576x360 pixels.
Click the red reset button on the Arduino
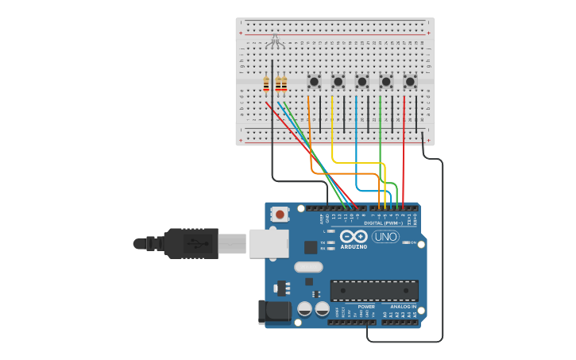pos(280,213)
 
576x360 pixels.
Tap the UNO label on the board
pos(385,237)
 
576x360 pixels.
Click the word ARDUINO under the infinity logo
pos(354,247)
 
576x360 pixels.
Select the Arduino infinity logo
pos(353,236)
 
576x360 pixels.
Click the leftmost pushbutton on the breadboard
pos(314,81)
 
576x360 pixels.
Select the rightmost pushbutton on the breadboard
pos(410,81)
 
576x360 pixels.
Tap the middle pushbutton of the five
pos(361,81)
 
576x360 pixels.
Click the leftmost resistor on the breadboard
pos(266,83)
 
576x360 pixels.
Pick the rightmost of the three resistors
pos(284,83)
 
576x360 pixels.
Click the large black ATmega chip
pos(373,290)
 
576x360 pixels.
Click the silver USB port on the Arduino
pos(268,243)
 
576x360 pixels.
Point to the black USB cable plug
pos(191,243)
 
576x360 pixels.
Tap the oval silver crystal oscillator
pos(308,268)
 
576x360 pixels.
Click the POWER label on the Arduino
pos(366,307)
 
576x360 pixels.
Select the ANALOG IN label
pos(403,307)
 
